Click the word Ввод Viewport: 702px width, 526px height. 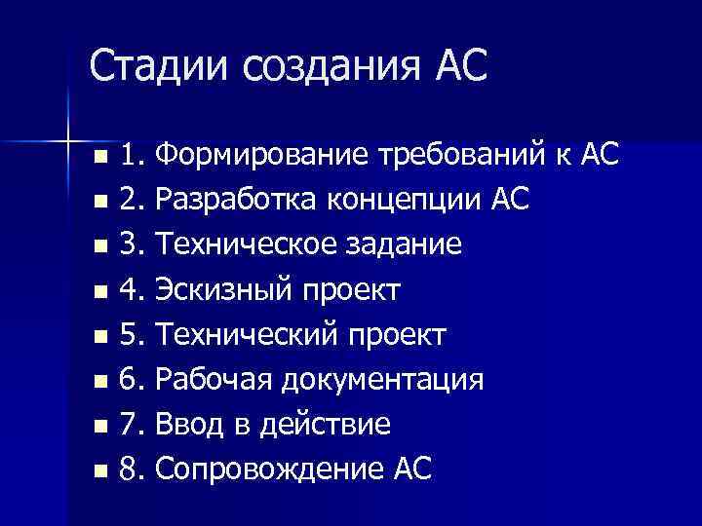click(x=187, y=426)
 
